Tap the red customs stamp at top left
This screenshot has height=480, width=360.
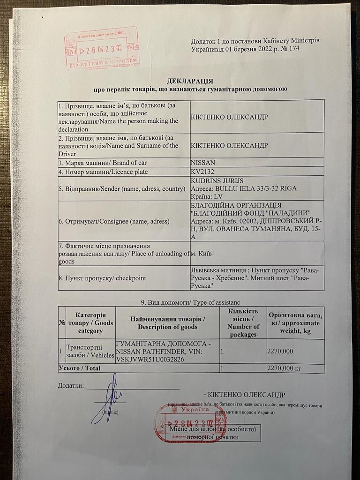tap(102, 47)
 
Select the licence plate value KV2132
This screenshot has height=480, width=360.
tap(202, 172)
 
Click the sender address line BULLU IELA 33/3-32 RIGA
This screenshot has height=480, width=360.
tap(244, 188)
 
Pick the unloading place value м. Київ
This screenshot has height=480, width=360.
tap(202, 254)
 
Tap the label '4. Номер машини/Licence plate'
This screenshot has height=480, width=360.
tap(103, 172)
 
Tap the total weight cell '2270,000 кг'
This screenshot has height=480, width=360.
tap(284, 368)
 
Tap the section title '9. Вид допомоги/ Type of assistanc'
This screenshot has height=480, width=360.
tap(190, 302)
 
